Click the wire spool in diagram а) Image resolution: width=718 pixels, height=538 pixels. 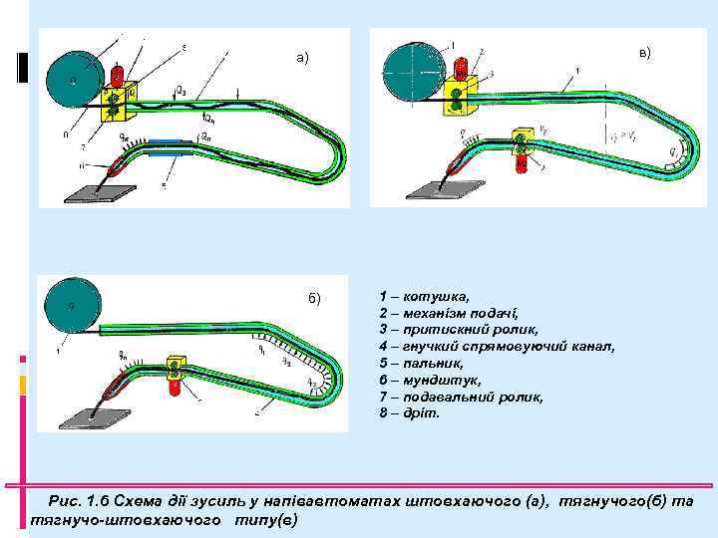coord(72,79)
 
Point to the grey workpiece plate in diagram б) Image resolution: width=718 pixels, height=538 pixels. coord(89,416)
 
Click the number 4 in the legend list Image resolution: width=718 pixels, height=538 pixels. coord(384,347)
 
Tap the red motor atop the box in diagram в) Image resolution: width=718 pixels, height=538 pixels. coord(460,69)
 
